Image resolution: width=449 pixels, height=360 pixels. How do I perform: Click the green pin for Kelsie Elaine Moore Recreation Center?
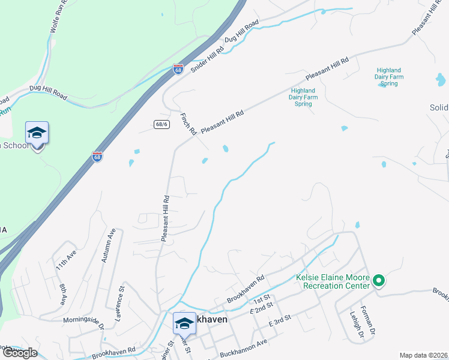379,280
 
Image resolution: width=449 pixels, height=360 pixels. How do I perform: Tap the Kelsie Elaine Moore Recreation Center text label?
333,282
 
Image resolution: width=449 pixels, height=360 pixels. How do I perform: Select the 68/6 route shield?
160,124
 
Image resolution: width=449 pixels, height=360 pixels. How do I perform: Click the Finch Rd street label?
188,123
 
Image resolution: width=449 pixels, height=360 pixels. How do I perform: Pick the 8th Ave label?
63,295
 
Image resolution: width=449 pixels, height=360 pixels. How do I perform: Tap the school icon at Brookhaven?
184,323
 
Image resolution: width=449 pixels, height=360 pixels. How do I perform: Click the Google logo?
20,352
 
